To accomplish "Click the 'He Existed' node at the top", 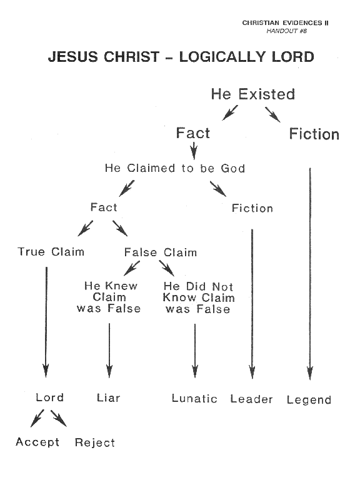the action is pos(253,94).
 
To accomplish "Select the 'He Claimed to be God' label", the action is pos(175,168).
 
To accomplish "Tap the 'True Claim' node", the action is pos(51,252).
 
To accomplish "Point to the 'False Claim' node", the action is pos(161,252).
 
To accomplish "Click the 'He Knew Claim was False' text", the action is pos(109,297).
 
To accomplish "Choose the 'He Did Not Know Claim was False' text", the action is pos(199,297).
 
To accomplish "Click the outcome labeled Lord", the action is pos(49,397).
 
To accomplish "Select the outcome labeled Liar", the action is pos(108,397).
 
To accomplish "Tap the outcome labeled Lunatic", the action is pos(194,398).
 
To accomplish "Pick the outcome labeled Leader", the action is pos(251,399).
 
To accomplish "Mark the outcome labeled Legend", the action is pos(309,400).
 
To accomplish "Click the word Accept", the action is pos(37,442).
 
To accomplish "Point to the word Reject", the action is pos(95,442).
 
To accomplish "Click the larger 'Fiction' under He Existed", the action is pos(314,134).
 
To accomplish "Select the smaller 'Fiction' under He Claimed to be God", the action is pos(252,208).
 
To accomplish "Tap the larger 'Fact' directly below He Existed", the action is pos(193,133).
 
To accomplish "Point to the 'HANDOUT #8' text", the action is pos(286,31).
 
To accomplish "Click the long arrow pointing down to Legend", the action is pos(310,274).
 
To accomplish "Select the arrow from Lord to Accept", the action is pos(37,418).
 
